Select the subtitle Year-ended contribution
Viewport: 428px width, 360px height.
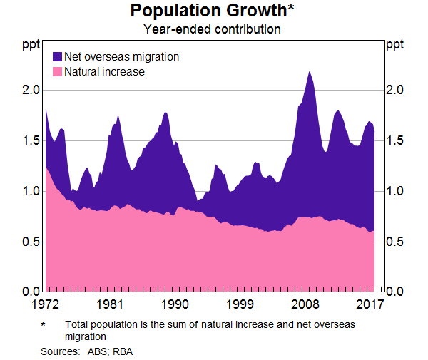coord(212,29)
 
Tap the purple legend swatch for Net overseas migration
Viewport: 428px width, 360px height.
coord(57,56)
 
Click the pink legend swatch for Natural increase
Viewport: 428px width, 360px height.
coord(57,72)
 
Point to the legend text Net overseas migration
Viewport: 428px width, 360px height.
coord(121,56)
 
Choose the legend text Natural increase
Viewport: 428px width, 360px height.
coord(104,72)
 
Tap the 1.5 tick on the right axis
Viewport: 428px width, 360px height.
coord(395,141)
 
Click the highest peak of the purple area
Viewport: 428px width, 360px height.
coord(309,72)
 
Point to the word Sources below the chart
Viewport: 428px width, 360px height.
coord(60,351)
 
